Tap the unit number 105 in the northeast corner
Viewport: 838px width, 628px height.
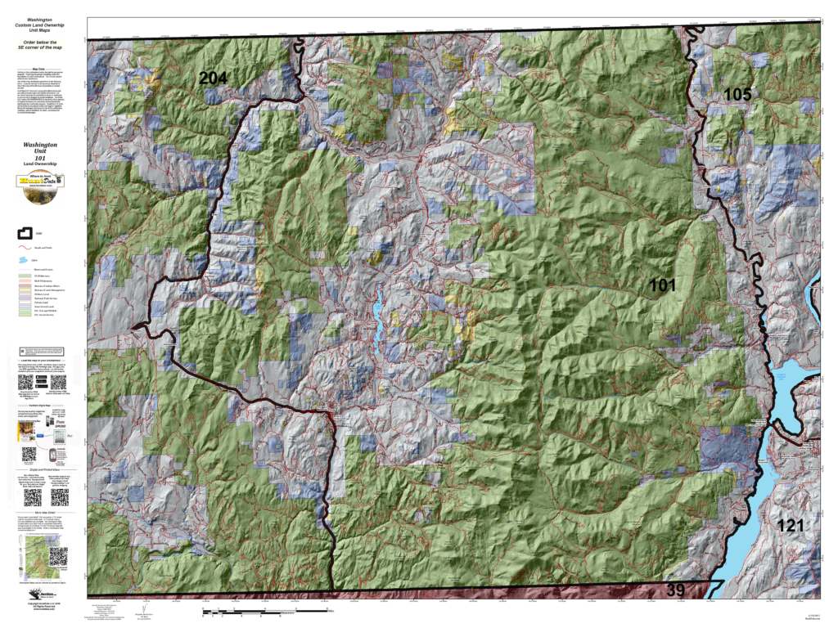point(759,95)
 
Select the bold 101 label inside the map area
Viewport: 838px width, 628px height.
point(662,285)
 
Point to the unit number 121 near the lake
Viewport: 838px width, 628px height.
point(791,526)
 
